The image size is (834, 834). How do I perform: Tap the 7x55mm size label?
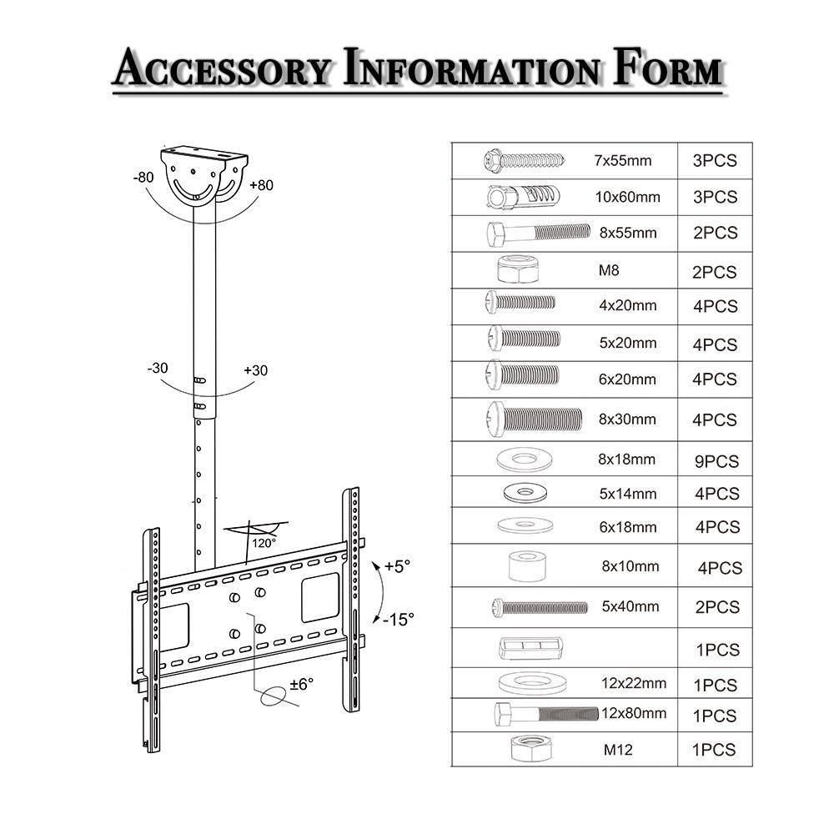(x=623, y=160)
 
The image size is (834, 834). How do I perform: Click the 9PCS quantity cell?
(x=716, y=460)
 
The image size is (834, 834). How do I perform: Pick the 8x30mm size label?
(x=627, y=420)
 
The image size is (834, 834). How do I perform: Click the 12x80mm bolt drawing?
(x=546, y=715)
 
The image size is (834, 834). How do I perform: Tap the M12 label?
(x=618, y=750)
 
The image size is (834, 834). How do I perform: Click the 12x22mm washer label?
(x=634, y=683)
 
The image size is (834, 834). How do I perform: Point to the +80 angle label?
(x=261, y=185)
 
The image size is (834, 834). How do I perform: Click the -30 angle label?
(x=159, y=368)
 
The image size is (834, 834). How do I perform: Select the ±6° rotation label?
(x=301, y=684)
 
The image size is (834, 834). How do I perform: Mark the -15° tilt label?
(x=399, y=619)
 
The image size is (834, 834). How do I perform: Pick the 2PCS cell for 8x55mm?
(x=715, y=234)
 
